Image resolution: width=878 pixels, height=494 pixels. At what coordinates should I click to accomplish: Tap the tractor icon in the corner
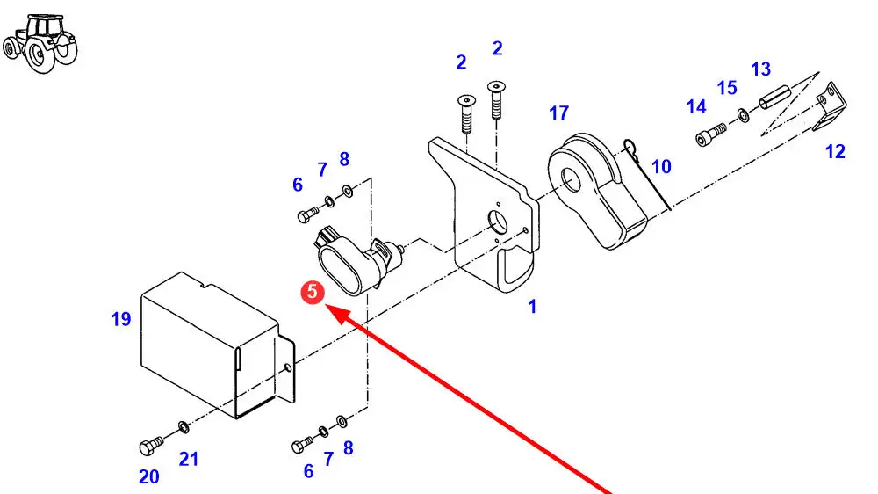pos(40,42)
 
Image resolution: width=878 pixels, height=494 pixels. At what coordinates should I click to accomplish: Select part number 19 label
pos(121,319)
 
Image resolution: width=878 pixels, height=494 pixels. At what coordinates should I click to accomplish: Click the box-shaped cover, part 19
pos(211,343)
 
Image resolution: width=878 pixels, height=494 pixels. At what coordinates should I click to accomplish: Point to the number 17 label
pos(559,113)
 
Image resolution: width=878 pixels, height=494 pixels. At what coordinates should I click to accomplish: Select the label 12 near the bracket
pos(835,152)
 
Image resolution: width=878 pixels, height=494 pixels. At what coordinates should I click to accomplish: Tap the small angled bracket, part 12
pos(831,111)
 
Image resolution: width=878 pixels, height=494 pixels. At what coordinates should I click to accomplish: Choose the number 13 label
pos(760,69)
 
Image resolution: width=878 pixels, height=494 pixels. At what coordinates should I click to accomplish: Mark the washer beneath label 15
pos(744,115)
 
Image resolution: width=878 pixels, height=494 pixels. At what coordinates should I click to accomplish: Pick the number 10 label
pos(661,167)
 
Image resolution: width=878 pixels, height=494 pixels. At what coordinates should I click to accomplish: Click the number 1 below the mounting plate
pos(532,307)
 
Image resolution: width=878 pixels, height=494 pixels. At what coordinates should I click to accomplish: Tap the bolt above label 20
pos(148,446)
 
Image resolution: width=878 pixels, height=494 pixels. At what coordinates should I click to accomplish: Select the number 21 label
pos(190,459)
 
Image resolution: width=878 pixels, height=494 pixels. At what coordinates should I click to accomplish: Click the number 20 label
pos(149,477)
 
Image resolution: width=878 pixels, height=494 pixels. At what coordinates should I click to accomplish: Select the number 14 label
pos(696,107)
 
